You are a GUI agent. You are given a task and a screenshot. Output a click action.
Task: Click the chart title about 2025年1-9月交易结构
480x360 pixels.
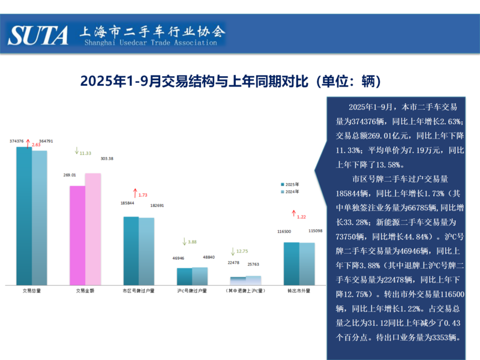click(231, 81)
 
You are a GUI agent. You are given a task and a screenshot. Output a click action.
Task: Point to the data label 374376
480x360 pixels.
click(17, 141)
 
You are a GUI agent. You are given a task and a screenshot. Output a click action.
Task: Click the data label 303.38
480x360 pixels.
click(107, 158)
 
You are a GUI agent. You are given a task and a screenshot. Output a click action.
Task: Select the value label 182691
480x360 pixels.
click(157, 205)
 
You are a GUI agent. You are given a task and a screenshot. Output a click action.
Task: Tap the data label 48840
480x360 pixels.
click(208, 257)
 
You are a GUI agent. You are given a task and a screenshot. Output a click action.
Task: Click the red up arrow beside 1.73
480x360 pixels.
click(135, 193)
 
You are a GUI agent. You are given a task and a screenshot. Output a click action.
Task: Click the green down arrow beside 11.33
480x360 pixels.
click(76, 151)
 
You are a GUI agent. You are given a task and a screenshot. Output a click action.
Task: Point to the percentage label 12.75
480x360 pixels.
click(242, 251)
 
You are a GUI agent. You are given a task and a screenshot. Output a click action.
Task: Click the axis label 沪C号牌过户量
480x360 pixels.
click(193, 291)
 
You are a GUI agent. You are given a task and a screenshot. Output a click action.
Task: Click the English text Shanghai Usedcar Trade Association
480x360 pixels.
click(151, 43)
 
